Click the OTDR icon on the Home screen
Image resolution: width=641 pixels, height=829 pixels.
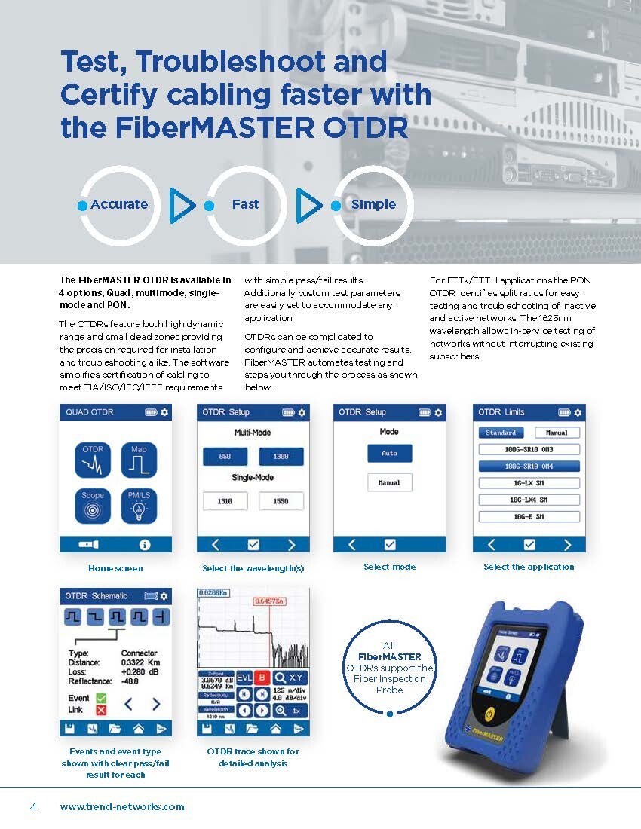tap(93, 460)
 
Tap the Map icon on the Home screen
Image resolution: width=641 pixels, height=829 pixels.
tap(139, 460)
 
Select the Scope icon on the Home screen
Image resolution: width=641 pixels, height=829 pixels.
tap(93, 506)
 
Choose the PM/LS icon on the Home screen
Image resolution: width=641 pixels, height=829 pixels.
tap(139, 506)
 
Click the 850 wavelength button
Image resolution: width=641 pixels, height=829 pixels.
tap(225, 457)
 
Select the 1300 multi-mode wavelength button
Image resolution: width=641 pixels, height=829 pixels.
tap(281, 457)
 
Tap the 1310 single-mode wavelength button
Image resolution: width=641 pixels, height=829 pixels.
tap(225, 500)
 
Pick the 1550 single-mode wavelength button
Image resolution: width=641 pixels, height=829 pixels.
tap(281, 500)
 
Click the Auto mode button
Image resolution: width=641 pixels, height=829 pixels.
tap(389, 454)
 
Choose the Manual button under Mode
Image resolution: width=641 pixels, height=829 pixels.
tap(389, 482)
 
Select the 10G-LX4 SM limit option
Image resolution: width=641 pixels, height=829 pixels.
tap(529, 500)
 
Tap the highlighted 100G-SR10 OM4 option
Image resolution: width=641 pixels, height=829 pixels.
tap(529, 467)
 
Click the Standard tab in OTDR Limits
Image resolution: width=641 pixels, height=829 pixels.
tap(501, 433)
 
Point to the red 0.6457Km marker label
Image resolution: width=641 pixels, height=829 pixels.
tap(270, 601)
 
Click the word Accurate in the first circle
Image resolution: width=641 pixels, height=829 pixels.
tap(119, 204)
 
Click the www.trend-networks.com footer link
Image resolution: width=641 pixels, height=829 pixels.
tap(122, 806)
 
